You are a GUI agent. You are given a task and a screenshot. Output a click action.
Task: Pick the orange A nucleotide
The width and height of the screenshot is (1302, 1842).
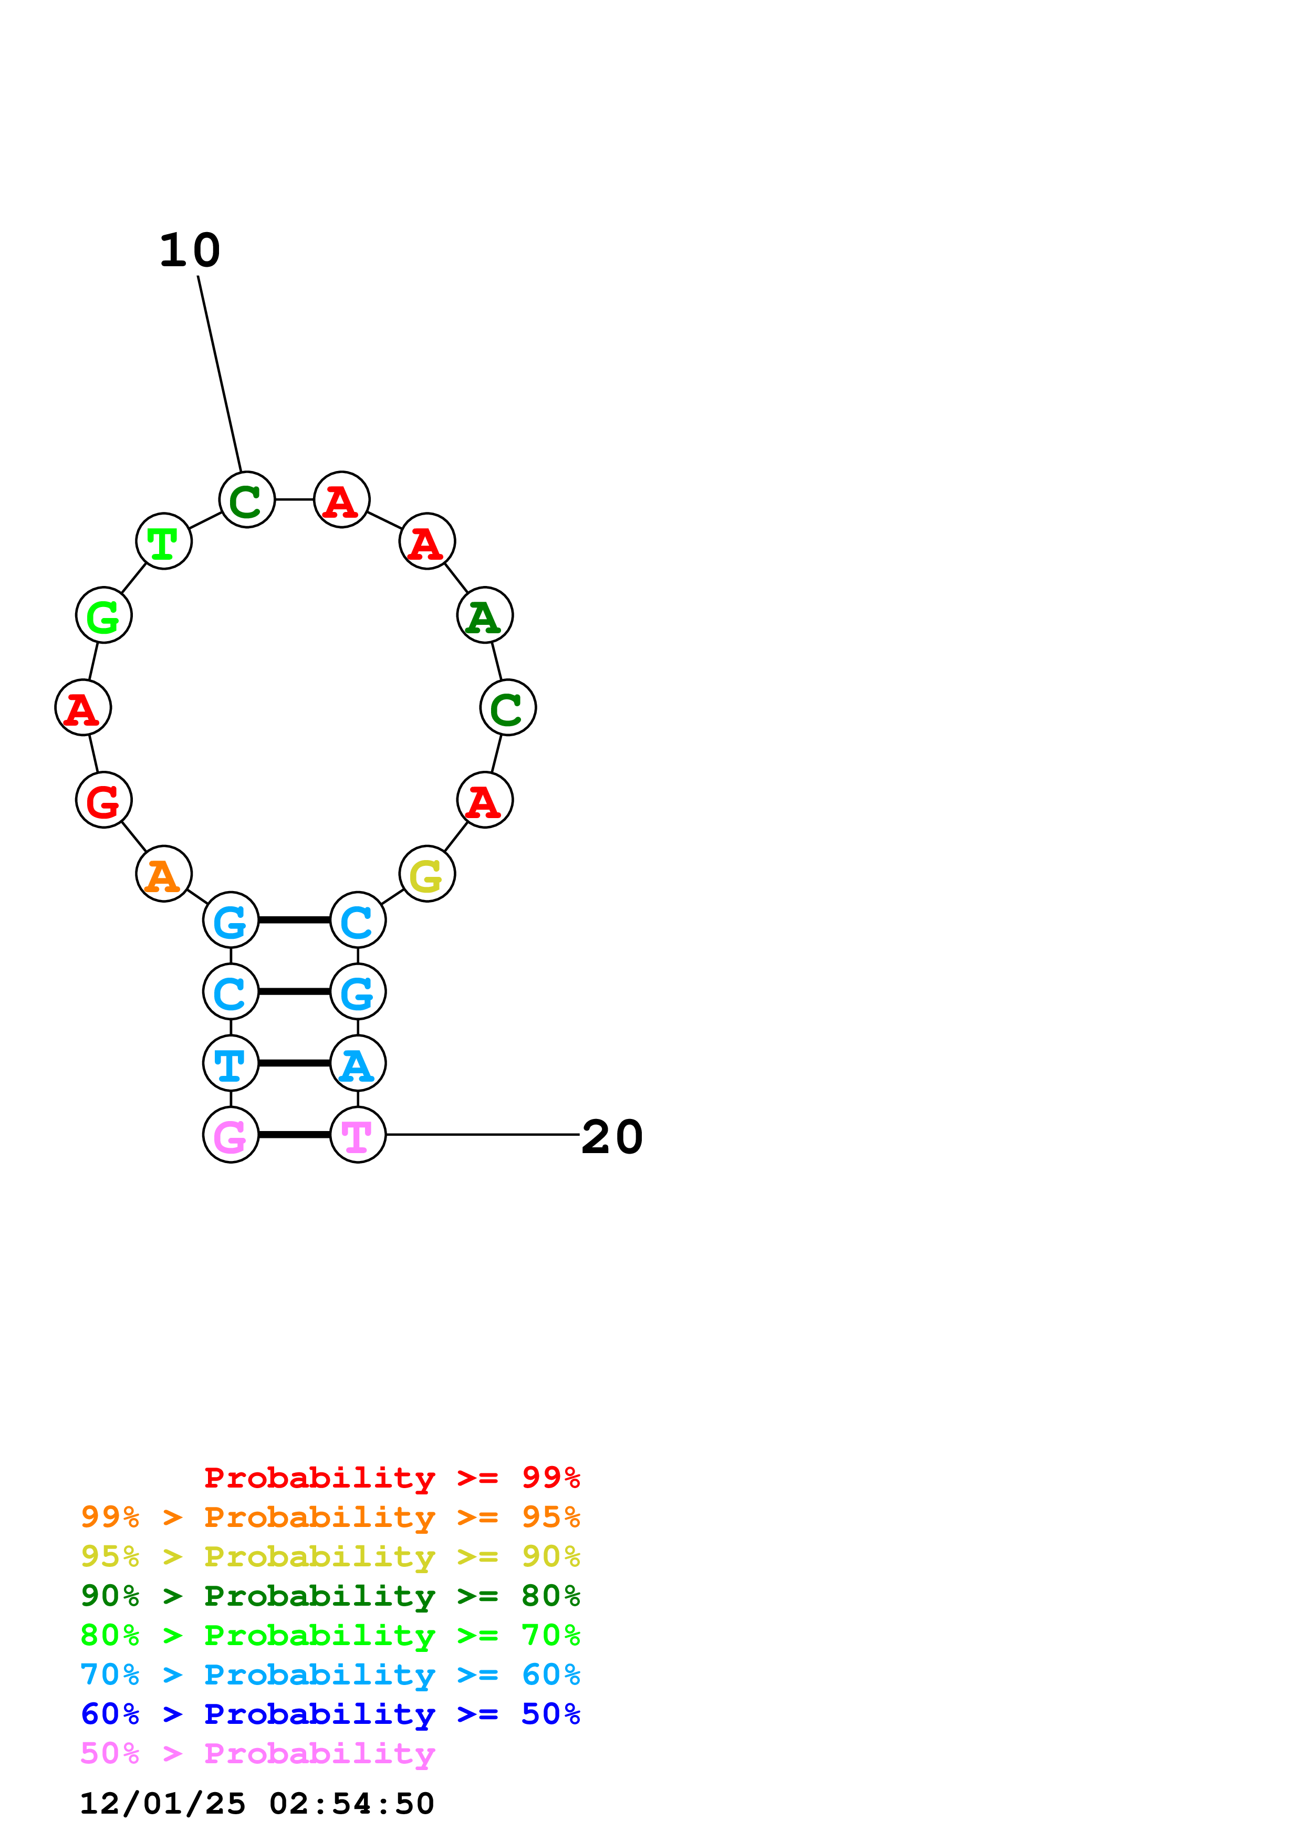coord(164,874)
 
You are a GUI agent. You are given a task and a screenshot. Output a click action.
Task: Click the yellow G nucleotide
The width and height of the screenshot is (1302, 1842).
coord(427,874)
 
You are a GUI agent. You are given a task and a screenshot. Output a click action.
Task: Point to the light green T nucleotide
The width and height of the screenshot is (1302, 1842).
coord(164,541)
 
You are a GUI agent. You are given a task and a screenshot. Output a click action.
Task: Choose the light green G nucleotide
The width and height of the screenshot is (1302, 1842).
coord(103,615)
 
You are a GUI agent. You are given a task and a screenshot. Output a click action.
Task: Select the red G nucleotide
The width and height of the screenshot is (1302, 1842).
coord(103,800)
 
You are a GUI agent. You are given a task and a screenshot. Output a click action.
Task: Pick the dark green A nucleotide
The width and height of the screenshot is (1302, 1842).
coord(485,615)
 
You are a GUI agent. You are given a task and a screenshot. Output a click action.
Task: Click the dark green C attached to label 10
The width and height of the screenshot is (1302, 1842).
coord(247,500)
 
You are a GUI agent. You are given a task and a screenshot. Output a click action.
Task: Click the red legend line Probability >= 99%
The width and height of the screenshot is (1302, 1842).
coord(391,1478)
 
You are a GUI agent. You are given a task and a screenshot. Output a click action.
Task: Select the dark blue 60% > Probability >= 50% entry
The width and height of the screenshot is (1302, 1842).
coord(330,1714)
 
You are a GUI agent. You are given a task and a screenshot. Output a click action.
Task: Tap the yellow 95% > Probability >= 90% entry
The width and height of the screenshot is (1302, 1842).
coord(330,1556)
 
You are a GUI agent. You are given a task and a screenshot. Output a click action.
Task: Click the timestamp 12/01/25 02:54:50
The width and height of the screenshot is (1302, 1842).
coord(257,1804)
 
